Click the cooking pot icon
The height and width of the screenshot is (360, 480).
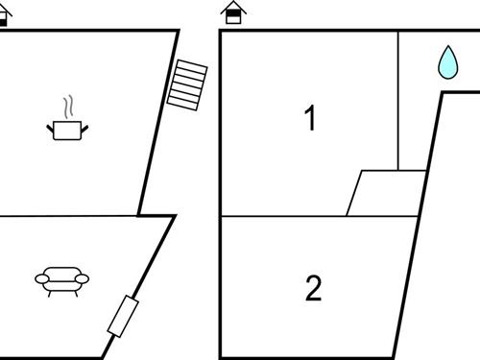click(65, 130)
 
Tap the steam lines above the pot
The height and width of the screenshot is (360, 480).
click(66, 105)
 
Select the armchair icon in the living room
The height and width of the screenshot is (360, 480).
click(61, 279)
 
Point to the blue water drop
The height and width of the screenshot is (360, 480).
click(447, 62)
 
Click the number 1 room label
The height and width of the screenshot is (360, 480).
click(309, 119)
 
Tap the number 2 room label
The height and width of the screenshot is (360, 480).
click(313, 288)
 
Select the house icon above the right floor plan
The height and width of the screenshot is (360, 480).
click(233, 12)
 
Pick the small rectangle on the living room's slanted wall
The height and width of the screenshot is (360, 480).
click(124, 317)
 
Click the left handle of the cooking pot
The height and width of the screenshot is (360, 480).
click(49, 125)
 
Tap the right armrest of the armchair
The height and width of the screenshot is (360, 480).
click(83, 278)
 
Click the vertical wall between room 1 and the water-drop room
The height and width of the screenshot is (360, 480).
click(397, 101)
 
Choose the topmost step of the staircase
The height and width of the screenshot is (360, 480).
click(192, 65)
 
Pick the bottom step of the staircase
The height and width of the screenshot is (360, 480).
click(181, 102)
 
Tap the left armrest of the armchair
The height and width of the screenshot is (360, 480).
click(41, 278)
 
